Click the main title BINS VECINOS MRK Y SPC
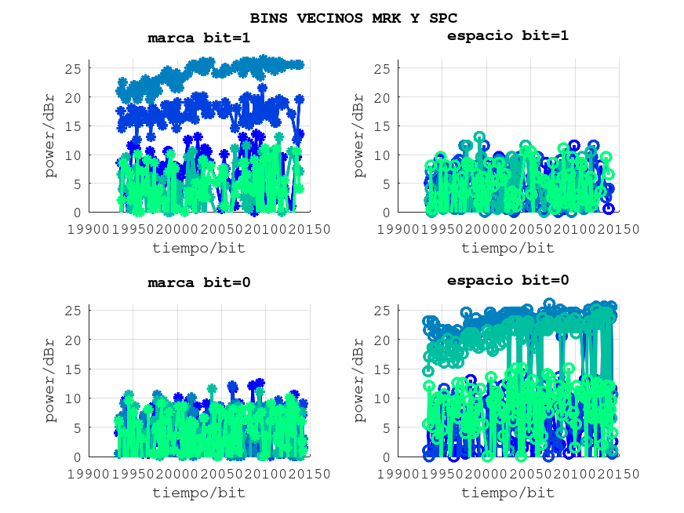pyautogui.click(x=353, y=17)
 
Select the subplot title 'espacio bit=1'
pyautogui.click(x=508, y=35)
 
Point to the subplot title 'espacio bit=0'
pyautogui.click(x=508, y=280)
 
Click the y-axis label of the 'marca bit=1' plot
pyautogui.click(x=51, y=136)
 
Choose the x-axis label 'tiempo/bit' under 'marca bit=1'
pyautogui.click(x=199, y=248)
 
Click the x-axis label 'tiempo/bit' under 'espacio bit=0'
pyautogui.click(x=508, y=493)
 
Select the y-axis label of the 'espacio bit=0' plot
pyautogui.click(x=359, y=381)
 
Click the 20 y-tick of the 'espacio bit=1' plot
pyautogui.click(x=382, y=97)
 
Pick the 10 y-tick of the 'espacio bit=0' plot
pyautogui.click(x=382, y=399)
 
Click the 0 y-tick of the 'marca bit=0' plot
pyautogui.click(x=78, y=457)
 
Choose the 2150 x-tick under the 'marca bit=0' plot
pyautogui.click(x=310, y=474)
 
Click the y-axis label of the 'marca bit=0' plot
pyautogui.click(x=51, y=381)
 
